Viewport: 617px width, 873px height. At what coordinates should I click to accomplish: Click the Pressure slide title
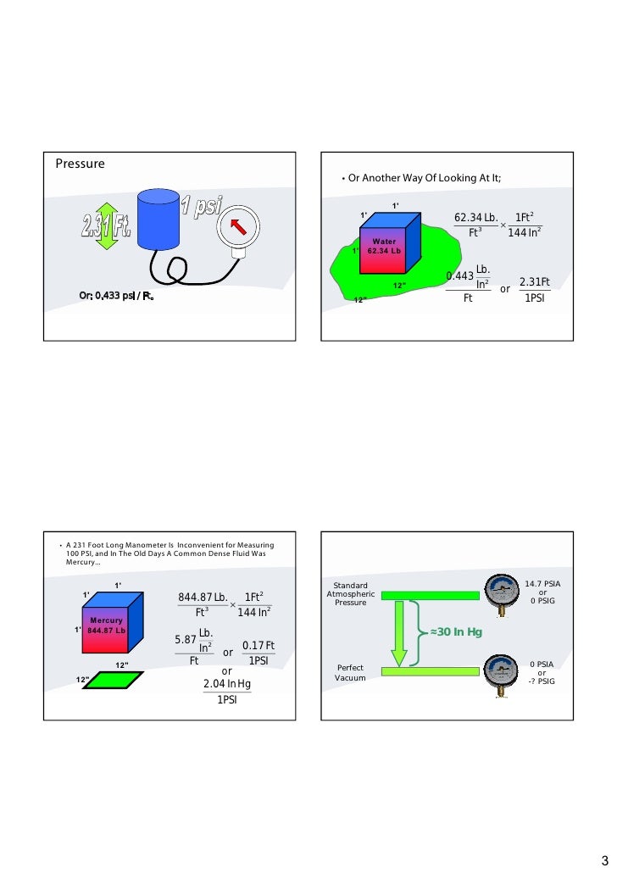pos(81,163)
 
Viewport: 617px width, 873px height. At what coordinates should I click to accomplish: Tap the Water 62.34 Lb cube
pos(388,242)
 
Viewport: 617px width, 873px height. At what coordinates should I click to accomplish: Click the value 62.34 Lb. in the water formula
pos(476,220)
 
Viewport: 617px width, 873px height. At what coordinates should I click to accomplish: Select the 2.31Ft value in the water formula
pos(534,281)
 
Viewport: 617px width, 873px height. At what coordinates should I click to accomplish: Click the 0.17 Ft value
pos(258,646)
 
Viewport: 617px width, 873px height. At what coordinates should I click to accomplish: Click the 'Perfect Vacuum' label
pos(350,673)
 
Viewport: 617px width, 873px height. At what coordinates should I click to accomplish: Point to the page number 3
pos(604,859)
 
